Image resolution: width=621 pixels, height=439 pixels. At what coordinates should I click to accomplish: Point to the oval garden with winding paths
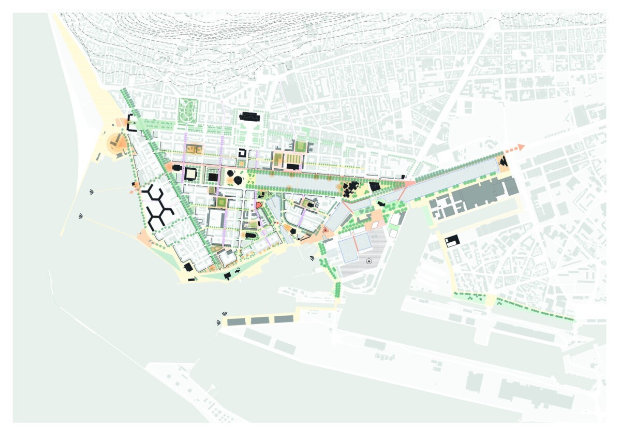188,110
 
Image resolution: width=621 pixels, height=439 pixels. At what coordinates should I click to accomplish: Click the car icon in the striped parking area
368,261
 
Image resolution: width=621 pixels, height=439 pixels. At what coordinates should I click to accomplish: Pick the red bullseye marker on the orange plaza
325,230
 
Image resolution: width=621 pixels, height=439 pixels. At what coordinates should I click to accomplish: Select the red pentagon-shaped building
257,205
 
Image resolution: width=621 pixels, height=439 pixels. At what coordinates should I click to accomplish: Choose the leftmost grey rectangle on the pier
236,321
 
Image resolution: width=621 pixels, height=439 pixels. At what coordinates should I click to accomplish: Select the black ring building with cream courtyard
190,173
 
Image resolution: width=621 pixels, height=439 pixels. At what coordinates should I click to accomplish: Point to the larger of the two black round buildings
238,180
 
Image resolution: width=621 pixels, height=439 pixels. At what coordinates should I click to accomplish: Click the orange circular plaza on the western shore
115,142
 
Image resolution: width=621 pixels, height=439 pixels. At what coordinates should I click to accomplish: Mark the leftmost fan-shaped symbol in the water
81,216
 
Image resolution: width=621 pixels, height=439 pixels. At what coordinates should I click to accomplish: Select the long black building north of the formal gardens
251,116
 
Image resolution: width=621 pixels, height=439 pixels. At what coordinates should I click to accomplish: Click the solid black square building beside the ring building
212,177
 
